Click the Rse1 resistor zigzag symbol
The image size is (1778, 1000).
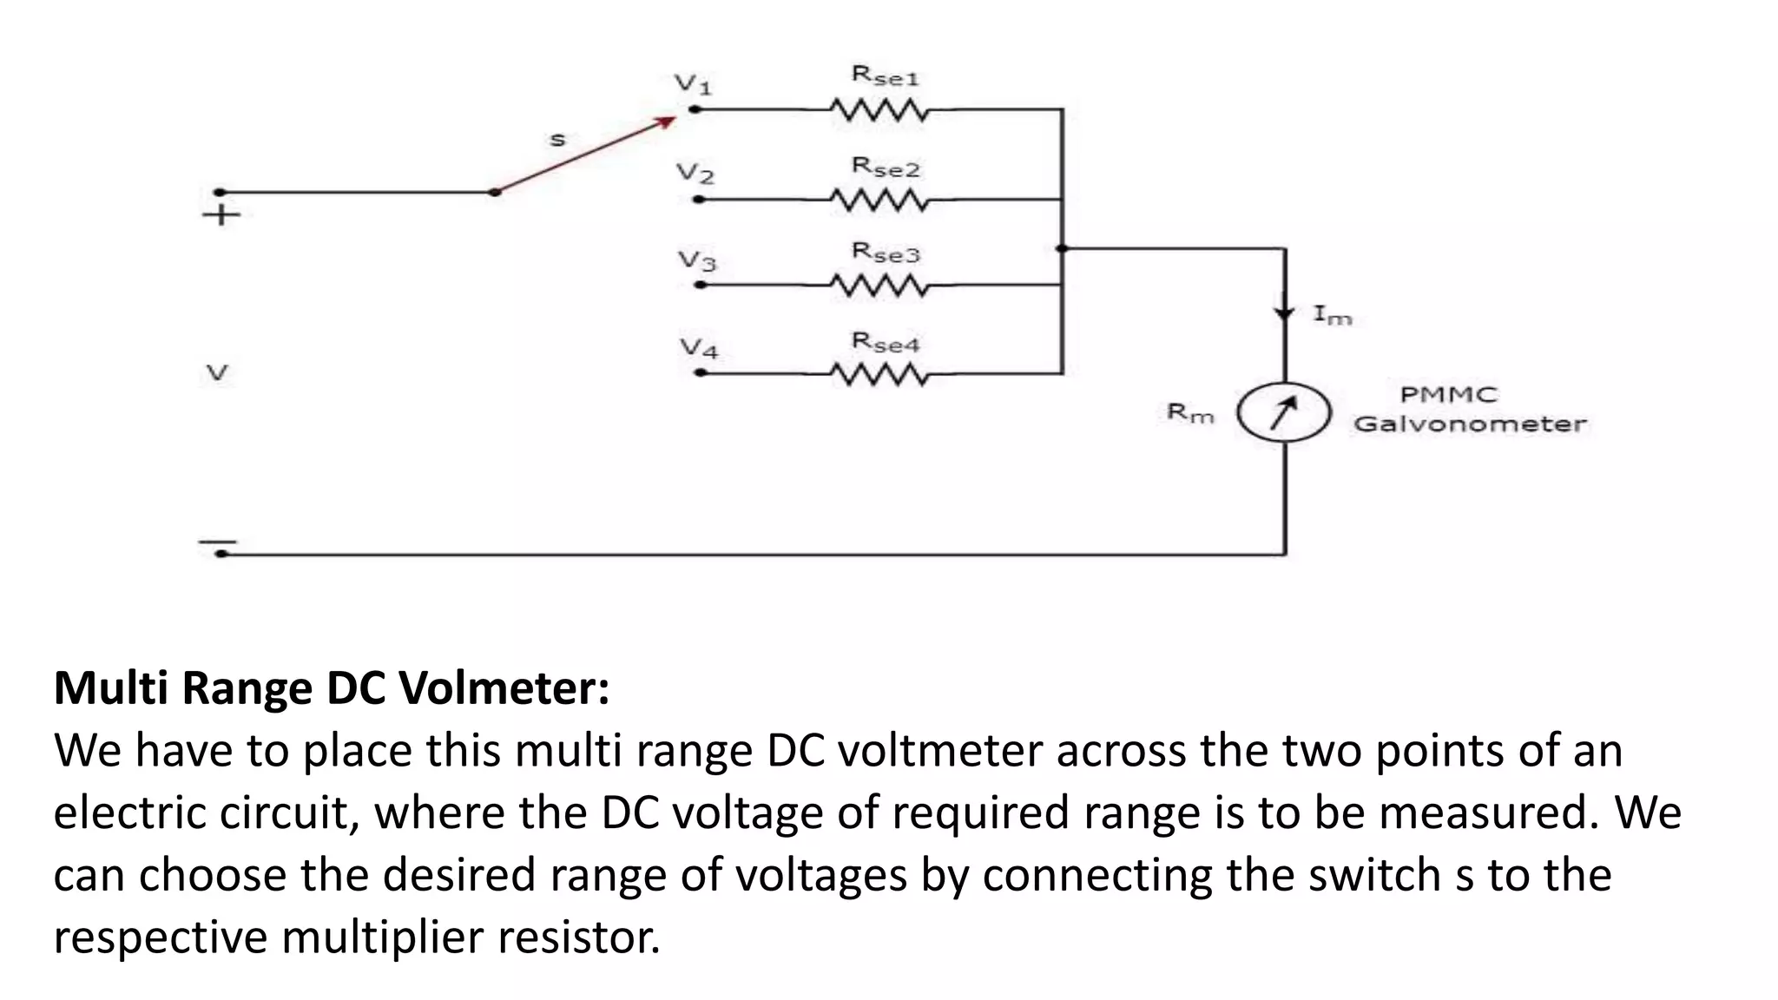point(879,110)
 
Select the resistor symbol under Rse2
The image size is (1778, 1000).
point(879,201)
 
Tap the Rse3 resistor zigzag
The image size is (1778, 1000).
point(879,285)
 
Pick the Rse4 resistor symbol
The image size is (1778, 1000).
point(879,374)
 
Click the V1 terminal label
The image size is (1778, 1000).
point(693,84)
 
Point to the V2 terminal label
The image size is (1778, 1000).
point(695,174)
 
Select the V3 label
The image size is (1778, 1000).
point(697,260)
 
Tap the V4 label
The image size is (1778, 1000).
point(699,349)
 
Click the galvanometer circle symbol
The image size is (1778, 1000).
point(1283,413)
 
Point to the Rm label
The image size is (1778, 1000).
point(1189,413)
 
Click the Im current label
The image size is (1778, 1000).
point(1332,315)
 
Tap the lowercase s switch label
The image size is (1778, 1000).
point(557,139)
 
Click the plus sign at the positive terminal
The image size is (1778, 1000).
point(221,214)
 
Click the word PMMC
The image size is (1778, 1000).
point(1448,395)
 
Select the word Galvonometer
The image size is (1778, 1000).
point(1469,424)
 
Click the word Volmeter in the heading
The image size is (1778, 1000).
point(504,688)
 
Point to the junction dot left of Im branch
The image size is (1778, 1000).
point(1061,248)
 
